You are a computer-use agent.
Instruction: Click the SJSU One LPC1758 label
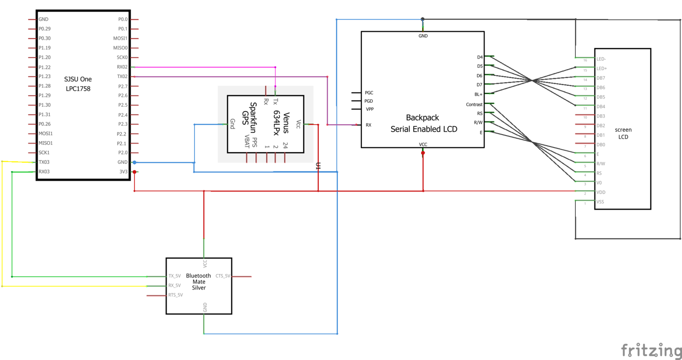78,84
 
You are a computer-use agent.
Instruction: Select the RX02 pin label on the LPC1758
122,67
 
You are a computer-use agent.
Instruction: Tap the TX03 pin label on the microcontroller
44,162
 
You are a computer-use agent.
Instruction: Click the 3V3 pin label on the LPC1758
123,172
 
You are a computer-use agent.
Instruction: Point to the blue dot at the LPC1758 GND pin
134,163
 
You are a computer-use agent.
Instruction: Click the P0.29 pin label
44,29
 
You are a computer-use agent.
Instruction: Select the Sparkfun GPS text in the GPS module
249,117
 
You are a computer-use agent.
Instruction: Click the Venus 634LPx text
282,123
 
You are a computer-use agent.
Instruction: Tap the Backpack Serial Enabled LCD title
424,123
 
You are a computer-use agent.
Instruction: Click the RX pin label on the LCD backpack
369,125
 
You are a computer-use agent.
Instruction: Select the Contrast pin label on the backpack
474,105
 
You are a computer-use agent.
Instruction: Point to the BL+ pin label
478,95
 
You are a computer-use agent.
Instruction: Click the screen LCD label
623,133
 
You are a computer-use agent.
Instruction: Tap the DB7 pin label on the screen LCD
601,78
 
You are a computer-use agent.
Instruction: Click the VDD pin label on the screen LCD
601,192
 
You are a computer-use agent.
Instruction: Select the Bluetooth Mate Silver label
198,282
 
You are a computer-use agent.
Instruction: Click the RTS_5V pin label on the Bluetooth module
175,295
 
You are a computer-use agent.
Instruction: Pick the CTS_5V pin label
223,276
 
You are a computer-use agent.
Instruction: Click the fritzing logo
651,350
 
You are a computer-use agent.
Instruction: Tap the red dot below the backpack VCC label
423,153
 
